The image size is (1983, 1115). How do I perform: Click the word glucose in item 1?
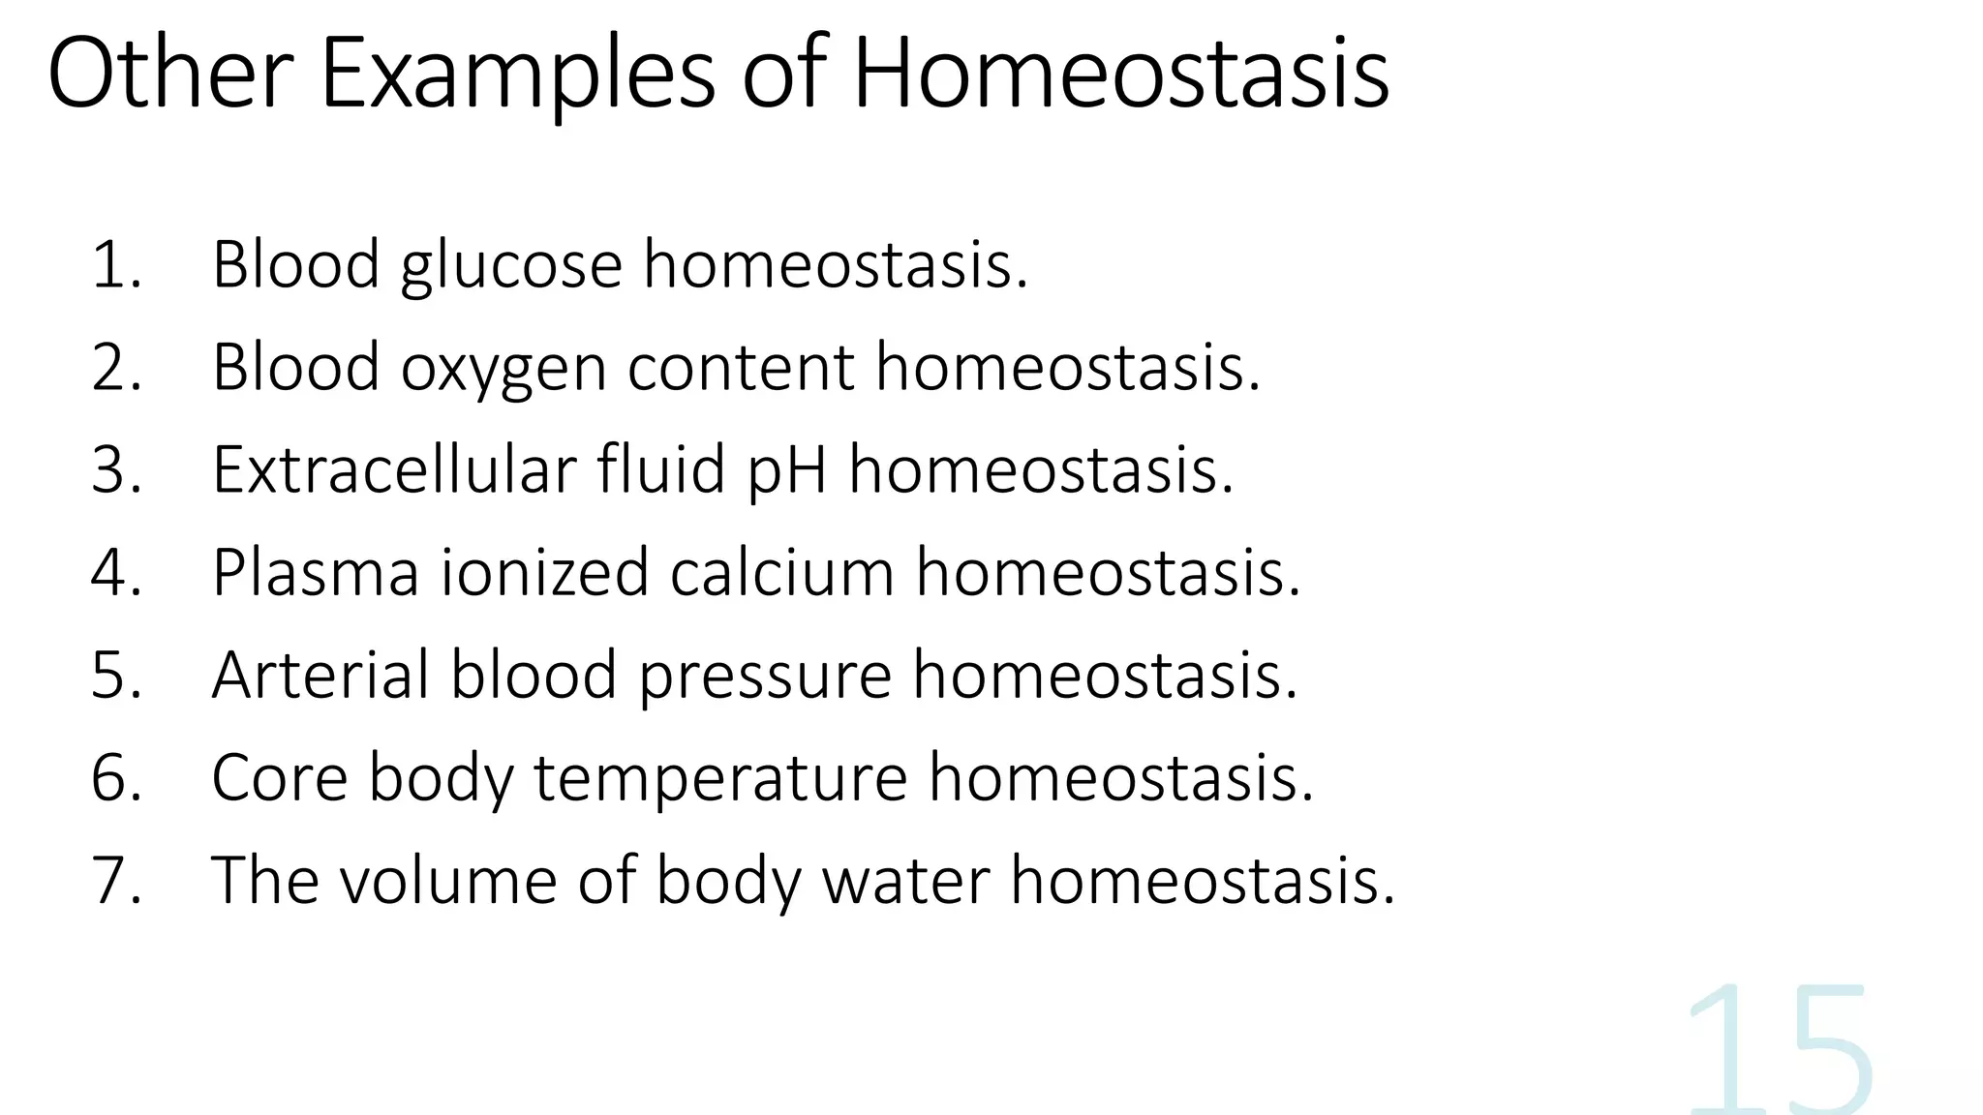point(511,266)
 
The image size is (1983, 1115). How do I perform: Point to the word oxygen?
point(503,369)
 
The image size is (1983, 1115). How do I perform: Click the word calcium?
point(781,573)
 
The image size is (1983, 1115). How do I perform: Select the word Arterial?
point(320,675)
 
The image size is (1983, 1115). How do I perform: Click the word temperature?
point(720,779)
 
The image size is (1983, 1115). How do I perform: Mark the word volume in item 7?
point(448,881)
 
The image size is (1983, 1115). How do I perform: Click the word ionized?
point(544,573)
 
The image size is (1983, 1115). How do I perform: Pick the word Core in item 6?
point(279,778)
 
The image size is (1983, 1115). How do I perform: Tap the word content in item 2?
point(741,369)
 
